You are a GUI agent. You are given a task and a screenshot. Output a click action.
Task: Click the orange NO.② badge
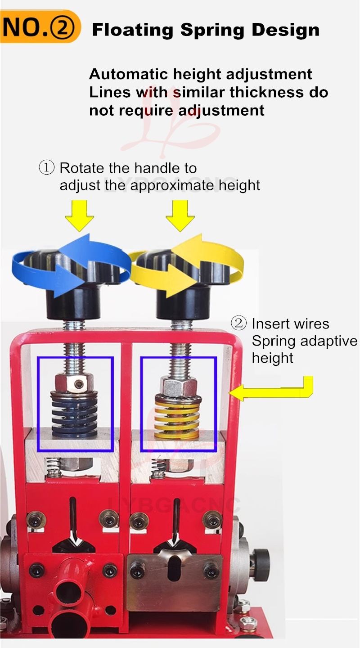(40, 26)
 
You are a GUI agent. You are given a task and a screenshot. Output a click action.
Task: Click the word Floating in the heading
(133, 31)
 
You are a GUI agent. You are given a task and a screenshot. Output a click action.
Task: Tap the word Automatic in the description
(128, 74)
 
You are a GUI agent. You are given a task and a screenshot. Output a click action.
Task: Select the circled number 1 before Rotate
(47, 168)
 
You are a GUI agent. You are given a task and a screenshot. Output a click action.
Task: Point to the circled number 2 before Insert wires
(239, 323)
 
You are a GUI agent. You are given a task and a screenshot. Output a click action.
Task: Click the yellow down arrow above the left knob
(79, 216)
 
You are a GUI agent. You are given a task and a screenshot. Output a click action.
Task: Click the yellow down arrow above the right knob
(180, 216)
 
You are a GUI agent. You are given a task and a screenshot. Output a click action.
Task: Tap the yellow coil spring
(177, 416)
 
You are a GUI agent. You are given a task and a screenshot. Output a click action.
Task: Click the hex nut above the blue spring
(74, 382)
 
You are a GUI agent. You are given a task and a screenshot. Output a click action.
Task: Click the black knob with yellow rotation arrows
(183, 286)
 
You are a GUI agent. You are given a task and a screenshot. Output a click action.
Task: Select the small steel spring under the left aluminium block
(54, 467)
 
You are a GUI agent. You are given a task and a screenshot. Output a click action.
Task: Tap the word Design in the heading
(286, 31)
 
